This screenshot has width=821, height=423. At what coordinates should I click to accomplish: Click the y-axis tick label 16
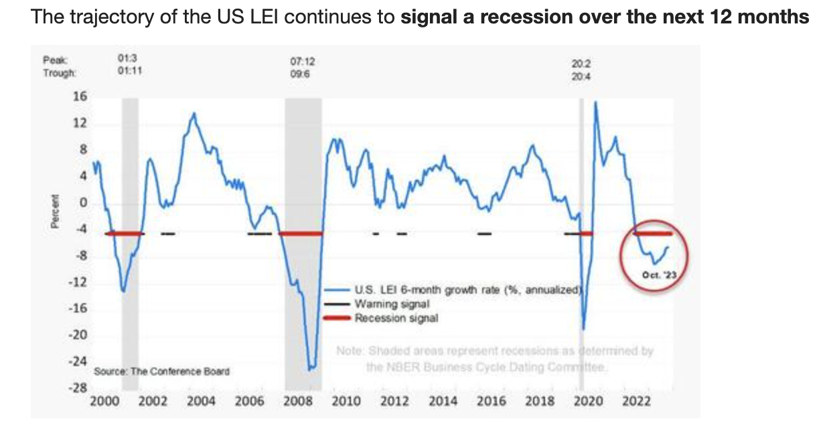coord(80,96)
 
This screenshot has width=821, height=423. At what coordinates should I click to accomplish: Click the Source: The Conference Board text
coord(162,371)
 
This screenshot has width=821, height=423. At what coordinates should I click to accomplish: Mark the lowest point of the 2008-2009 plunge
coord(310,369)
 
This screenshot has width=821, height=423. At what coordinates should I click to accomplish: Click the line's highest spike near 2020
coord(595,102)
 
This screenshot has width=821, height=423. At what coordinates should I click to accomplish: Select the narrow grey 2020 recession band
coord(581,241)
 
